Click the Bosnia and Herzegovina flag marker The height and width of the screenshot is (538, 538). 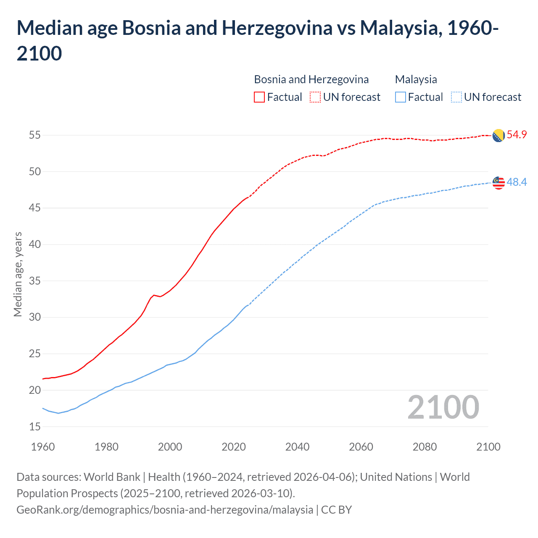click(498, 135)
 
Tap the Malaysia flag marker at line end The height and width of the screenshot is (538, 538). click(498, 183)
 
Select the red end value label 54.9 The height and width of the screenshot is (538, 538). click(517, 135)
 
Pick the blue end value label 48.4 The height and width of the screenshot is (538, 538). click(517, 182)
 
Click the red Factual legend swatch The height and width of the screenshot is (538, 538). click(259, 97)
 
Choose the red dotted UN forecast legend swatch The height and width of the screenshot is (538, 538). click(315, 97)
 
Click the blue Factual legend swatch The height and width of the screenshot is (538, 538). click(400, 97)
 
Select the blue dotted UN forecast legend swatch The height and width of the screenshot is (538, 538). click(456, 97)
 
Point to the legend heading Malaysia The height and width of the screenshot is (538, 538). click(416, 79)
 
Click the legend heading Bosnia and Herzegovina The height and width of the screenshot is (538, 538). click(311, 79)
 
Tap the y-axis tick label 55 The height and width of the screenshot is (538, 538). click(35, 135)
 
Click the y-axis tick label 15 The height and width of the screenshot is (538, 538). click(35, 427)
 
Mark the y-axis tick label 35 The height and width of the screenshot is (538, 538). click(35, 281)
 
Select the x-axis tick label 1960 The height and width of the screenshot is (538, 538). click(43, 447)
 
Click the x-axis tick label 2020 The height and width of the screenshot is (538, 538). click(234, 447)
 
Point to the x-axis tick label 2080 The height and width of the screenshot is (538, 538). click(425, 447)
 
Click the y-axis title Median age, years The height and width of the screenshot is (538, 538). click(18, 274)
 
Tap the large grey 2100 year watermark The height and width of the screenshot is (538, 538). click(443, 407)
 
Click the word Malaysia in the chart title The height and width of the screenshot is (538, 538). click(399, 28)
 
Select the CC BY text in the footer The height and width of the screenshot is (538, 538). click(336, 510)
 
